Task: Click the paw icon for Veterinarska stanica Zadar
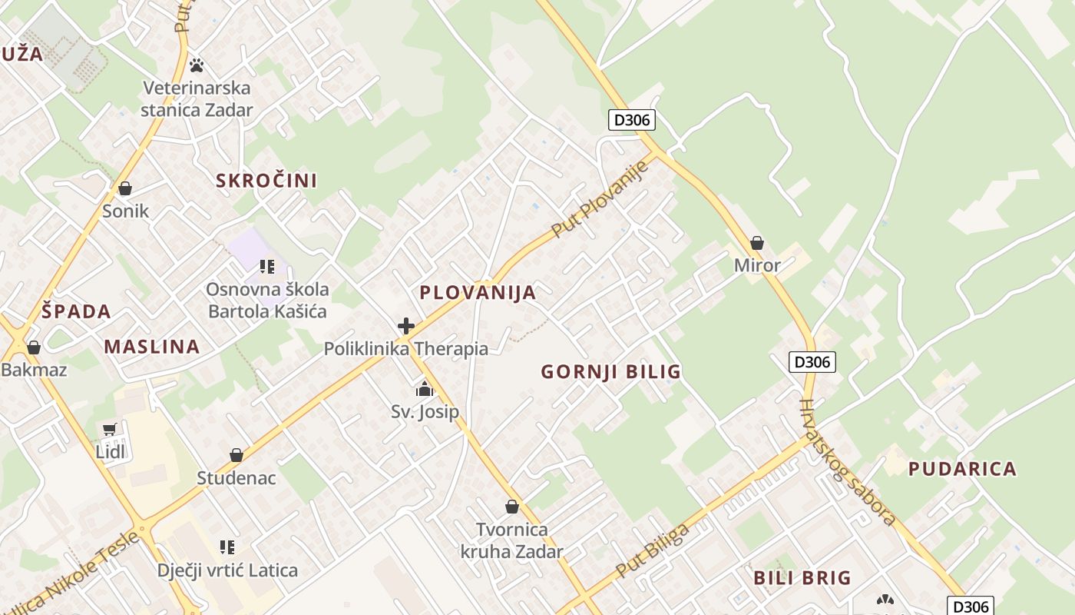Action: (x=197, y=65)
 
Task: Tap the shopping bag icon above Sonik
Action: (x=125, y=188)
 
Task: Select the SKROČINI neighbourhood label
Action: (x=266, y=181)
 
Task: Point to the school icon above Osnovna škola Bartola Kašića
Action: (x=267, y=267)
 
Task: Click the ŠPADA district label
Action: (x=76, y=311)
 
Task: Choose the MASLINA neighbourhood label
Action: (x=152, y=346)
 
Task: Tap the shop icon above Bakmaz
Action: (x=33, y=347)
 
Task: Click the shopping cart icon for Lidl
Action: (x=110, y=430)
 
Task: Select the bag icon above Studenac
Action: (x=237, y=455)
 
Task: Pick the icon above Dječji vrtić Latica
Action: (x=227, y=547)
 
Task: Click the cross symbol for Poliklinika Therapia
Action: (x=406, y=327)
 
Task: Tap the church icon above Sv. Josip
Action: (x=425, y=390)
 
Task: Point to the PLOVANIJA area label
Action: (x=478, y=292)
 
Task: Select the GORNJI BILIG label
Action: (x=610, y=372)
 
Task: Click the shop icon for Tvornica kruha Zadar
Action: (x=512, y=507)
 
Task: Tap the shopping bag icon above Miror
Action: (x=757, y=243)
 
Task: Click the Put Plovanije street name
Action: (x=600, y=198)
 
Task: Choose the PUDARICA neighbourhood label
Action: (x=962, y=469)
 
